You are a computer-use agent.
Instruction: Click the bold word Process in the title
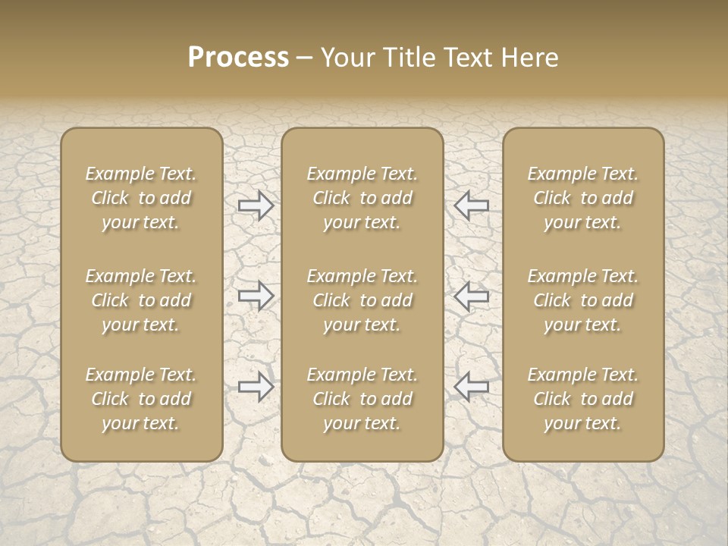238,58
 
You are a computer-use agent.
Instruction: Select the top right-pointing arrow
256,206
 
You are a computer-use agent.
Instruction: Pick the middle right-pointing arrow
256,296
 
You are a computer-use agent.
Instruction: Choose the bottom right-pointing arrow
256,387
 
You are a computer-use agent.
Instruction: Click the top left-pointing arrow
471,206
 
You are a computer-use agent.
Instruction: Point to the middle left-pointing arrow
471,296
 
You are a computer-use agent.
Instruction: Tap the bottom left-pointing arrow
471,387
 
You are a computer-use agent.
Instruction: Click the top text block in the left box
141,198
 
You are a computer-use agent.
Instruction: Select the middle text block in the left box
141,300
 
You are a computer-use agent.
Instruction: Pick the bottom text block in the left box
141,399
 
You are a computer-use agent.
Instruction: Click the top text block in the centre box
362,198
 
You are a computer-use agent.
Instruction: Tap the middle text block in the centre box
362,300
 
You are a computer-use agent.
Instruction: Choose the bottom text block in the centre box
362,399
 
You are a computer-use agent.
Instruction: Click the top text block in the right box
583,198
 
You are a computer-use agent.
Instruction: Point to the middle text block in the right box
583,300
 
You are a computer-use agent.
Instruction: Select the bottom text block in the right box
583,399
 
